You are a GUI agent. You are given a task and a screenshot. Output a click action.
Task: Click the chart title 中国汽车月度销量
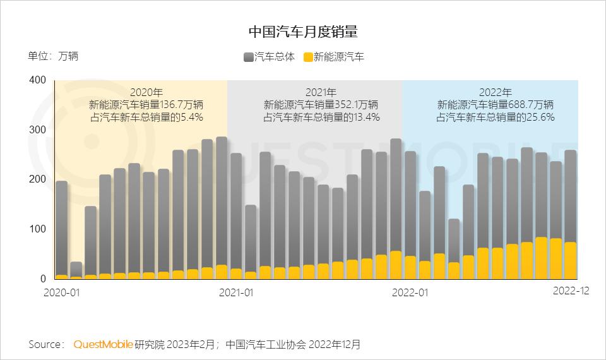(303, 32)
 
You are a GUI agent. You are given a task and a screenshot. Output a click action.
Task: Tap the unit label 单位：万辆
(53, 56)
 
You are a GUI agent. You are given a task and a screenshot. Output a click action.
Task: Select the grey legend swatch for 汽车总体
(248, 57)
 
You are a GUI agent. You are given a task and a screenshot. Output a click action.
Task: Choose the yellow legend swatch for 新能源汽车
(308, 57)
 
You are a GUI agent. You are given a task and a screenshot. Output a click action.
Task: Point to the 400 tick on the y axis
(38, 80)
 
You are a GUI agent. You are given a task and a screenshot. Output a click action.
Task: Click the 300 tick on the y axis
(38, 130)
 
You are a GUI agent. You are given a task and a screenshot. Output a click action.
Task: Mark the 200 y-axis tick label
(38, 179)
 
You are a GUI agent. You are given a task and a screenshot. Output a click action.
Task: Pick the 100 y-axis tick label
(38, 229)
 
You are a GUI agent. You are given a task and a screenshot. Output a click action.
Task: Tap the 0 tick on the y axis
(43, 279)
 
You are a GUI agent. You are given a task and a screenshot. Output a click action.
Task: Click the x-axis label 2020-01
(61, 292)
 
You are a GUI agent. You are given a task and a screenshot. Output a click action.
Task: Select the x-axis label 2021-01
(235, 292)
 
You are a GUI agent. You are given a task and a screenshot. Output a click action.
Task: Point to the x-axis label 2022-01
(410, 292)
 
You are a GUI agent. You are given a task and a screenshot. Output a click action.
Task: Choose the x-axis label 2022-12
(571, 291)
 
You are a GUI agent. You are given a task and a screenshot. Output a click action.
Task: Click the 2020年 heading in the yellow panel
(146, 92)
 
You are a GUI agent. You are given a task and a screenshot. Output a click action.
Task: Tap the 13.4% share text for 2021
(365, 117)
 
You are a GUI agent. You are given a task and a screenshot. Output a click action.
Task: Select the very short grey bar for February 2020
(76, 269)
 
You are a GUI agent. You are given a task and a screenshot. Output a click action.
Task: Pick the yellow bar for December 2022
(570, 260)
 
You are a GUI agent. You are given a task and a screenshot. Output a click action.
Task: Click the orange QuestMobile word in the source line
(103, 344)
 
